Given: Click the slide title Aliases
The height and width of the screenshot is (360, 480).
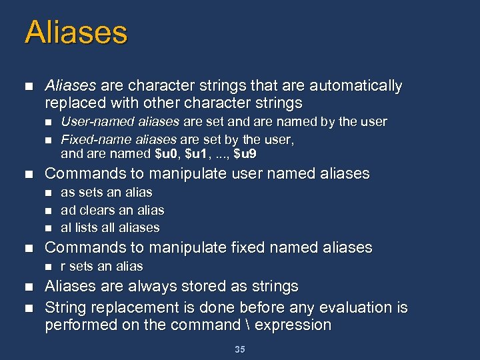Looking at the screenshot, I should coord(75,33).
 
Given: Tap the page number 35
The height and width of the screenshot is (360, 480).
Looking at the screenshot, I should coord(240,349).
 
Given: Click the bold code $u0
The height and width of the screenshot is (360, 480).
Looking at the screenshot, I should coord(165,154).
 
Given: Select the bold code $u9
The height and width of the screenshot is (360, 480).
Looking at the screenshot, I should coord(245,154).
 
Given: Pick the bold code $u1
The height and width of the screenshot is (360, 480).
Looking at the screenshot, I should coord(197,154).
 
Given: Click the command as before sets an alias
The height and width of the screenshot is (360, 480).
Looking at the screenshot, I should coord(67,193).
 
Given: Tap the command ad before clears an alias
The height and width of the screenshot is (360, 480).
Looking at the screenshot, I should coord(67,210).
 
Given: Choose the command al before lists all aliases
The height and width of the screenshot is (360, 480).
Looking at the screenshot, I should coord(65,227).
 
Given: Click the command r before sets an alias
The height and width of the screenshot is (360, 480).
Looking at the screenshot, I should coord(63,266).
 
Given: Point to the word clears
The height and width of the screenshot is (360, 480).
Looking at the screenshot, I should coord(96,210).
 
